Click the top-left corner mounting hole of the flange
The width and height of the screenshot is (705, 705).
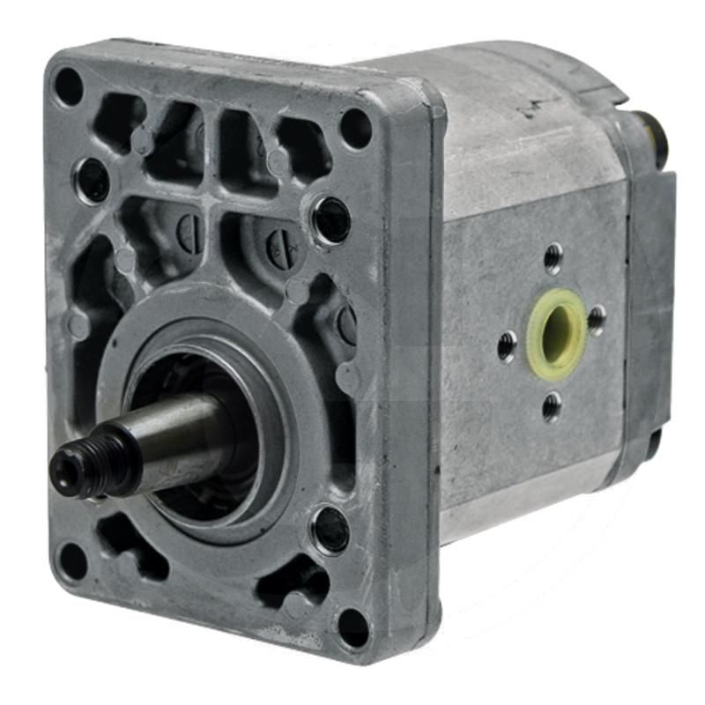click(x=68, y=87)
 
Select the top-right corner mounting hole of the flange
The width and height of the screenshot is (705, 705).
click(x=355, y=128)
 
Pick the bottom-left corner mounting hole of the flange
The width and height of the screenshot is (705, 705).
click(x=71, y=560)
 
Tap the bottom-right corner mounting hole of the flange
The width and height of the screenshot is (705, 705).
click(x=352, y=627)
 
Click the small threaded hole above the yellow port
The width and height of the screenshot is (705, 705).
click(x=553, y=258)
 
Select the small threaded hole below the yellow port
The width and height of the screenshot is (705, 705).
click(x=553, y=406)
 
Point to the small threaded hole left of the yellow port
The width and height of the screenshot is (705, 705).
click(x=507, y=346)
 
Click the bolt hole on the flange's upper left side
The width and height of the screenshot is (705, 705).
click(x=92, y=180)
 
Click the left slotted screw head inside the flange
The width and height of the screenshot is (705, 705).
click(x=190, y=231)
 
